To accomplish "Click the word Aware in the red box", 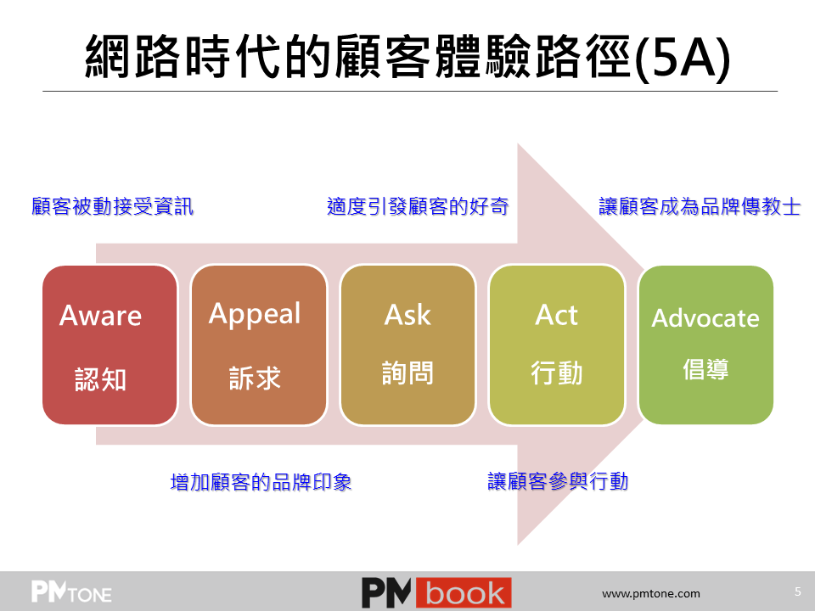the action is [x=100, y=316].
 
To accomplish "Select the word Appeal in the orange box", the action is [x=255, y=314].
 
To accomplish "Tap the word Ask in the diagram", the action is [x=407, y=315].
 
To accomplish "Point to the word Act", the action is [x=556, y=315].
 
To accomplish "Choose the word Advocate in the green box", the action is [x=705, y=318].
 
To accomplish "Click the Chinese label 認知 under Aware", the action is [x=100, y=379].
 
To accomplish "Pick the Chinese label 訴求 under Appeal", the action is [x=255, y=378].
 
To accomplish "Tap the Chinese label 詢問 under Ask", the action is [x=407, y=373].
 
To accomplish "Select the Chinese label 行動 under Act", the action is [x=556, y=373].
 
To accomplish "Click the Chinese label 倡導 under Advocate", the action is [x=705, y=369].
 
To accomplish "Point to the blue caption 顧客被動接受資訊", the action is [x=112, y=206].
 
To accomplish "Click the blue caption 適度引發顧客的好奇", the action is [x=418, y=206].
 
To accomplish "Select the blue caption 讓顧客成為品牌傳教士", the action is [x=700, y=206].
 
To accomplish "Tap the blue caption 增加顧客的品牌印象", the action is [x=261, y=482].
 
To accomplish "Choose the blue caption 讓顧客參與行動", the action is [x=558, y=481].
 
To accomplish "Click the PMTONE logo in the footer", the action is [x=71, y=591].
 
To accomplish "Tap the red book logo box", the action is [x=464, y=592].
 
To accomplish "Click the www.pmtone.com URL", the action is [x=651, y=593].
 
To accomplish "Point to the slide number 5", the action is [x=798, y=591].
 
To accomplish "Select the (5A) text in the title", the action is [x=683, y=58].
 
